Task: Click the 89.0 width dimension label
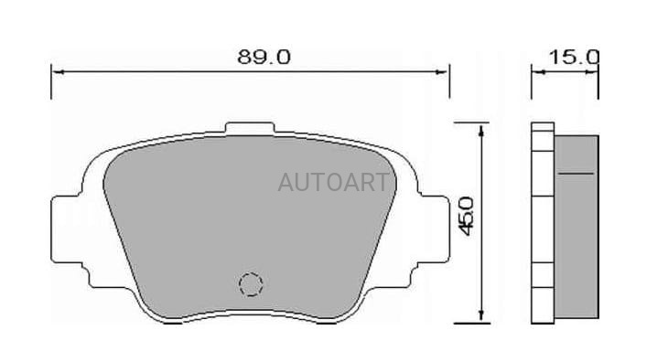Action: tap(264, 57)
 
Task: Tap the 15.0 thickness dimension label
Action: tap(574, 57)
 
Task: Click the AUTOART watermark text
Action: tap(333, 182)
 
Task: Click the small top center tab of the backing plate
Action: tap(250, 128)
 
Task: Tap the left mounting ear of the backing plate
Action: tap(66, 229)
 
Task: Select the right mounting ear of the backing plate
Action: tap(434, 229)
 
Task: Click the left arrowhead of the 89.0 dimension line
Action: tap(57, 72)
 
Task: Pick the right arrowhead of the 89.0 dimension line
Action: tap(443, 72)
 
